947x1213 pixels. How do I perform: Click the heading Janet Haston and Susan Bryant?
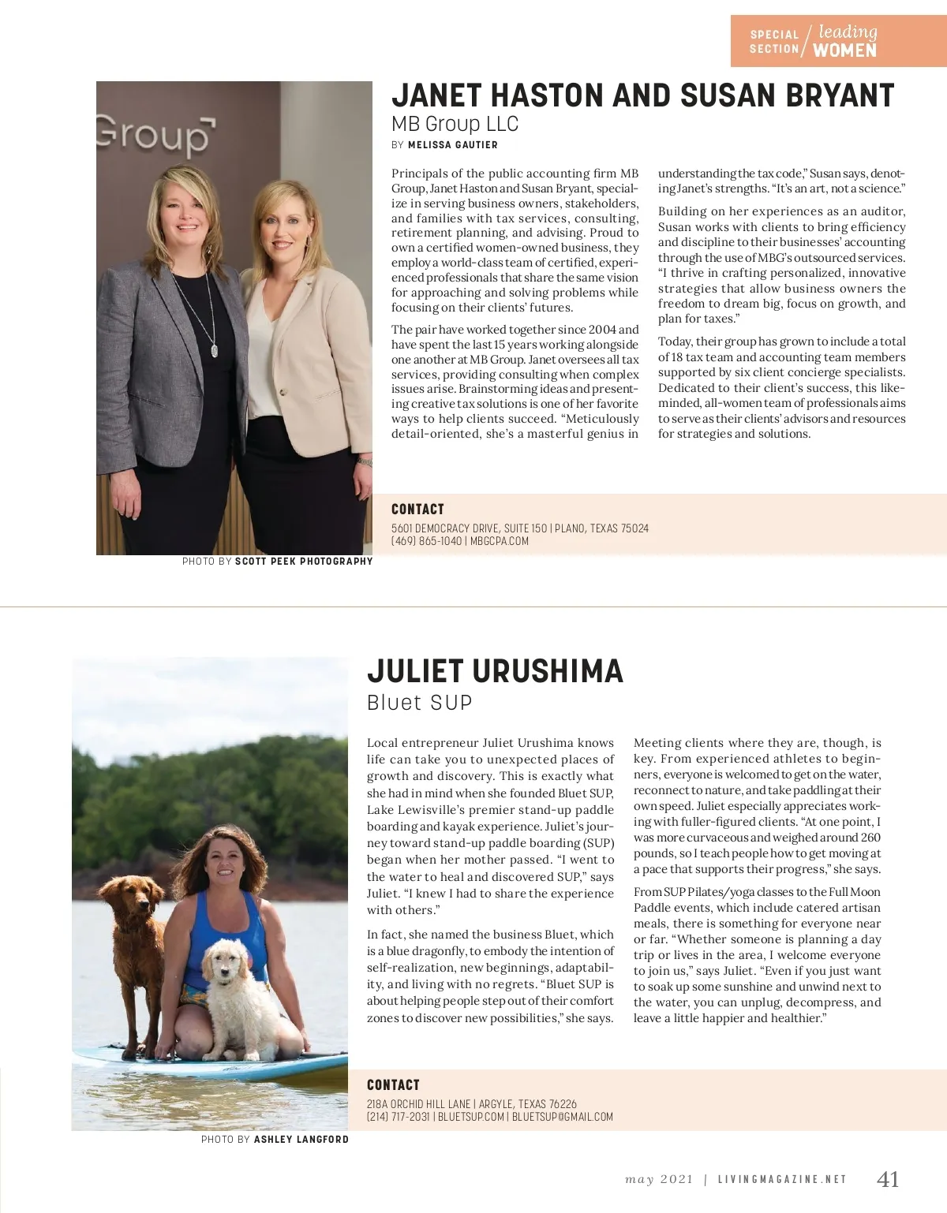(642, 95)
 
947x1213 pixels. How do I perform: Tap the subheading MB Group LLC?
(455, 124)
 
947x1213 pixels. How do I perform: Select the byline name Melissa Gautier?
(452, 145)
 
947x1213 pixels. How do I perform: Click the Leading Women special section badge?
(837, 41)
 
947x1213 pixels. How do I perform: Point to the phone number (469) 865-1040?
(426, 541)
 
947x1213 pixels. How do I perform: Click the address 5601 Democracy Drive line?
(519, 528)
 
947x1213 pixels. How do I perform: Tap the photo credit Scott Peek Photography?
(303, 562)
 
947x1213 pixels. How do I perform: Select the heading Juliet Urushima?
(495, 671)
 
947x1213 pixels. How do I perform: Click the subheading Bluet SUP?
(419, 703)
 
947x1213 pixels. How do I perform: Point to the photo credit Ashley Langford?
(301, 1140)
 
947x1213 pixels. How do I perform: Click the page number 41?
(888, 1179)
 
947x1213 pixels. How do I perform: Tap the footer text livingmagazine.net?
(781, 1180)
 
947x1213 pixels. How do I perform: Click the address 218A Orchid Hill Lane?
(471, 1104)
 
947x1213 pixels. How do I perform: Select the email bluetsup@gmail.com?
(562, 1117)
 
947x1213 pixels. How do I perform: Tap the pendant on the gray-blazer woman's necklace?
(215, 349)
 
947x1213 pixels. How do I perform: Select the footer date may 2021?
(659, 1180)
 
